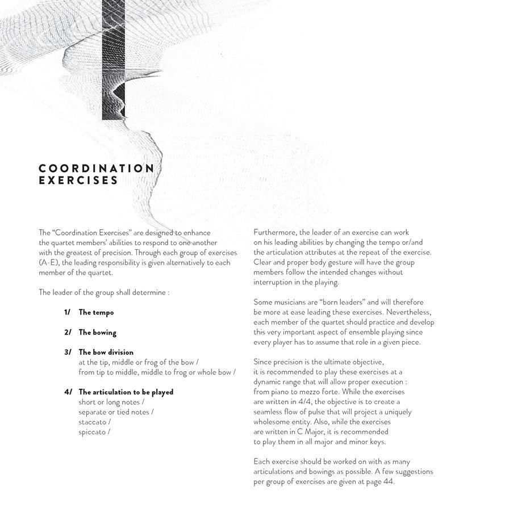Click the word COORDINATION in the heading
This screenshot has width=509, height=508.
click(96, 169)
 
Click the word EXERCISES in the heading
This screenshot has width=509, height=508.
click(78, 181)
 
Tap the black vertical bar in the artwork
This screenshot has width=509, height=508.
click(114, 60)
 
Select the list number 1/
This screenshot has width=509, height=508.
click(68, 312)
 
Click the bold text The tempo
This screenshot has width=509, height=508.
click(96, 312)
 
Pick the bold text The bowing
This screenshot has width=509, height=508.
click(97, 332)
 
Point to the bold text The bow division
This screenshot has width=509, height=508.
click(106, 352)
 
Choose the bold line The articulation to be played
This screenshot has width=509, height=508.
click(126, 392)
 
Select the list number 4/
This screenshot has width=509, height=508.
click(68, 392)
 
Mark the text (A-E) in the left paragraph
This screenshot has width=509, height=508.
click(49, 262)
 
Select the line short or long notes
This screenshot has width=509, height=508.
click(111, 402)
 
